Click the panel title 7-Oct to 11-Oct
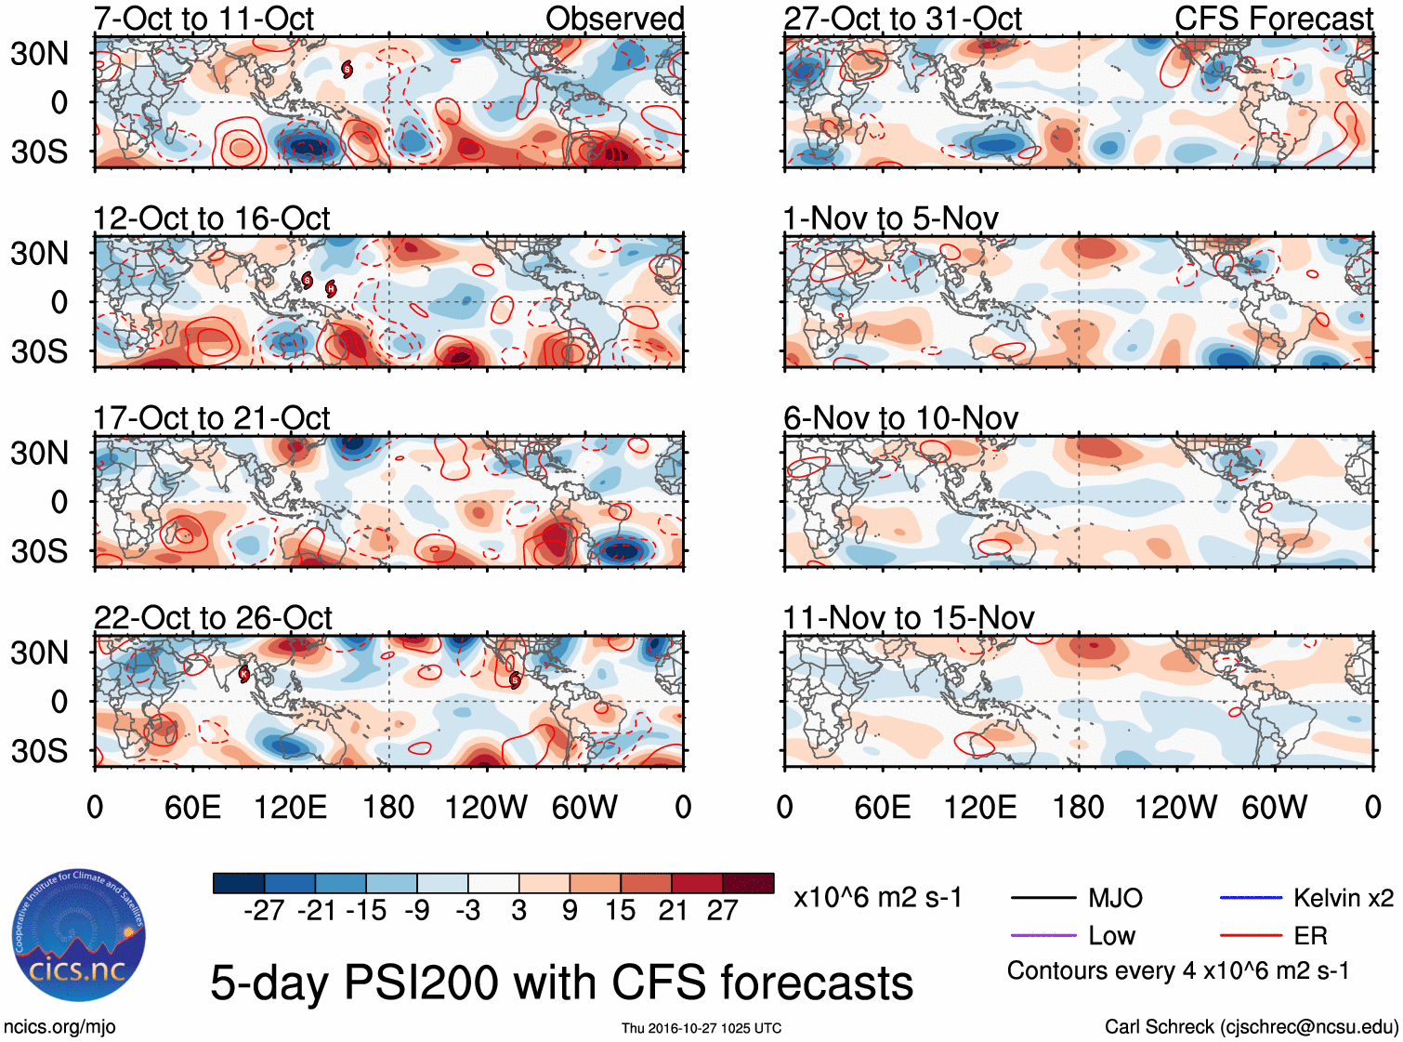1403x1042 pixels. pyautogui.click(x=203, y=19)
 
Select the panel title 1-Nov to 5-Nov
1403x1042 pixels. pyautogui.click(x=890, y=219)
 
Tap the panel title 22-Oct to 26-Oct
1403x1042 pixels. pyautogui.click(x=213, y=618)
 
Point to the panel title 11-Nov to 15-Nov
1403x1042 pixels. pyautogui.click(x=908, y=618)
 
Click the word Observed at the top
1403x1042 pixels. pyautogui.click(x=614, y=19)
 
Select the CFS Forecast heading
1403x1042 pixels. pyautogui.click(x=1273, y=19)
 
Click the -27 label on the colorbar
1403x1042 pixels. pyautogui.click(x=264, y=911)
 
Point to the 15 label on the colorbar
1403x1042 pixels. pyautogui.click(x=620, y=911)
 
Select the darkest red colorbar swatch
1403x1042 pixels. pyautogui.click(x=748, y=883)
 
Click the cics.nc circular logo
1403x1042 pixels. pyautogui.click(x=78, y=936)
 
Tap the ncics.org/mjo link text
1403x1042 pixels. pyautogui.click(x=59, y=1027)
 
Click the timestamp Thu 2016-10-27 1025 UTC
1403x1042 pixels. pyautogui.click(x=701, y=1028)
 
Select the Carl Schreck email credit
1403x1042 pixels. pyautogui.click(x=1251, y=1027)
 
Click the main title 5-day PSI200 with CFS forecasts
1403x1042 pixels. pyautogui.click(x=561, y=983)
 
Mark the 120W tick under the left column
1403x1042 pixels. pyautogui.click(x=486, y=808)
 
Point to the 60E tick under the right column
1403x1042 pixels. pyautogui.click(x=882, y=808)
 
